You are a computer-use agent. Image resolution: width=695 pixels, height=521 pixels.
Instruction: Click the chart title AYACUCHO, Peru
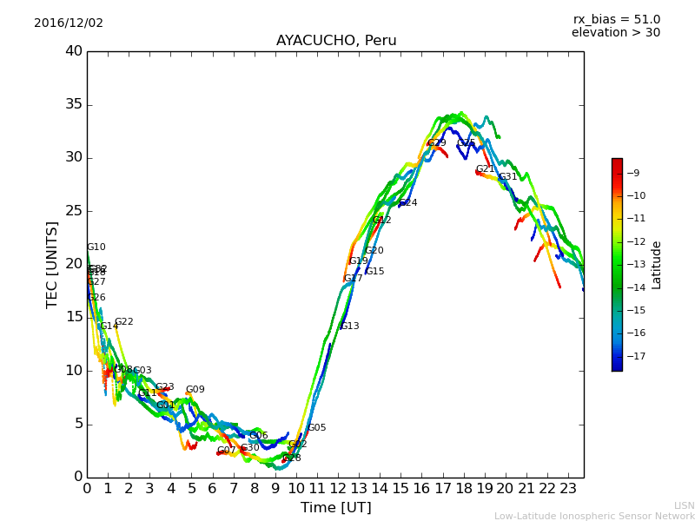336,41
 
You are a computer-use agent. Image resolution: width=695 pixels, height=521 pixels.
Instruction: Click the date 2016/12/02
69,23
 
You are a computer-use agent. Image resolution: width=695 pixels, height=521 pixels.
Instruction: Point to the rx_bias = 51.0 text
617,20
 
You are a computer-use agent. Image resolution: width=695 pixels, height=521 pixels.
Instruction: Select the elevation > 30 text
616,33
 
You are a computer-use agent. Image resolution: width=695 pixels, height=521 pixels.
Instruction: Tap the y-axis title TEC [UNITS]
53,264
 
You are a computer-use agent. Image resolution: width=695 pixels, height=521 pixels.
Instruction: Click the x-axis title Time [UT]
335,507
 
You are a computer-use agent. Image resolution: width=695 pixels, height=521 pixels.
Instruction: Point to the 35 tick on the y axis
74,105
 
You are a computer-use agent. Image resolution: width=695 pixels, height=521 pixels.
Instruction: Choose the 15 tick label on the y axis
74,318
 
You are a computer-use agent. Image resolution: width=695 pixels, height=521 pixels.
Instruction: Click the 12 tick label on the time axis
338,488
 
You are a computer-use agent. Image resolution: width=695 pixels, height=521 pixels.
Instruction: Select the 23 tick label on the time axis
568,488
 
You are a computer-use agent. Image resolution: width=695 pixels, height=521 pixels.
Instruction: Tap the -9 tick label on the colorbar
633,173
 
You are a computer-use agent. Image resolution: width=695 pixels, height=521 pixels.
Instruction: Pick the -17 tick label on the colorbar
637,356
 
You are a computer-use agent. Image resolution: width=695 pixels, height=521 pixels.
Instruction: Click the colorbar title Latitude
657,265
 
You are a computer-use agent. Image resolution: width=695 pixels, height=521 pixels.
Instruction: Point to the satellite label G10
96,247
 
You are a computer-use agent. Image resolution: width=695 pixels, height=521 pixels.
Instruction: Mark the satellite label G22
124,322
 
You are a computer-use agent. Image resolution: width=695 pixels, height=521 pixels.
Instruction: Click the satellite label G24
408,203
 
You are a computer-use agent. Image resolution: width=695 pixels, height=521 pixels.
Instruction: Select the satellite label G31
508,177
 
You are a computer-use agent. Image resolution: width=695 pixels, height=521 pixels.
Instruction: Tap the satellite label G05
317,428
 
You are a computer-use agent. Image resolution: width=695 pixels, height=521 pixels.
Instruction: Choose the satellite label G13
350,326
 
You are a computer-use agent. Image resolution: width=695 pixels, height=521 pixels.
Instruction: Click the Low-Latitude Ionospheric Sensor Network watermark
594,516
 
